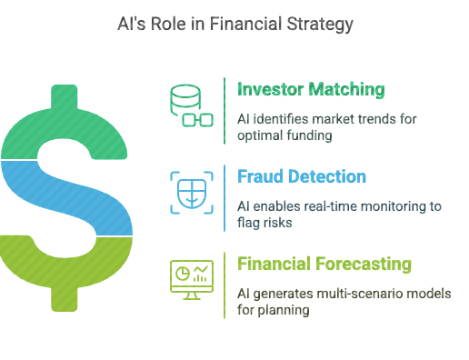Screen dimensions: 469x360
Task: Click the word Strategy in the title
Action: click(320, 25)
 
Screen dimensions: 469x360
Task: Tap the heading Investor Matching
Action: click(311, 89)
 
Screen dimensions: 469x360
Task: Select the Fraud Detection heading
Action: click(302, 176)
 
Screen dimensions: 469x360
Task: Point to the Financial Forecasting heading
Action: click(324, 264)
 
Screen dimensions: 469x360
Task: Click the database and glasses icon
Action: click(192, 105)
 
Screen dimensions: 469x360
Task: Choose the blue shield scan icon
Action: click(192, 193)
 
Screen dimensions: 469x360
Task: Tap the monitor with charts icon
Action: click(192, 280)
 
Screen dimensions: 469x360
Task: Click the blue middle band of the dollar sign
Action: click(66, 198)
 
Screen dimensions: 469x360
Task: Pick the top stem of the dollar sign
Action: click(65, 96)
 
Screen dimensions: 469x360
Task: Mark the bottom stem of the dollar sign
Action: click(65, 299)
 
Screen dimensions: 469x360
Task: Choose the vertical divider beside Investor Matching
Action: click(225, 111)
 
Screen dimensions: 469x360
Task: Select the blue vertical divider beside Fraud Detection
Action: click(225, 198)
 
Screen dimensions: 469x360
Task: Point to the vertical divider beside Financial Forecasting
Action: click(225, 285)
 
